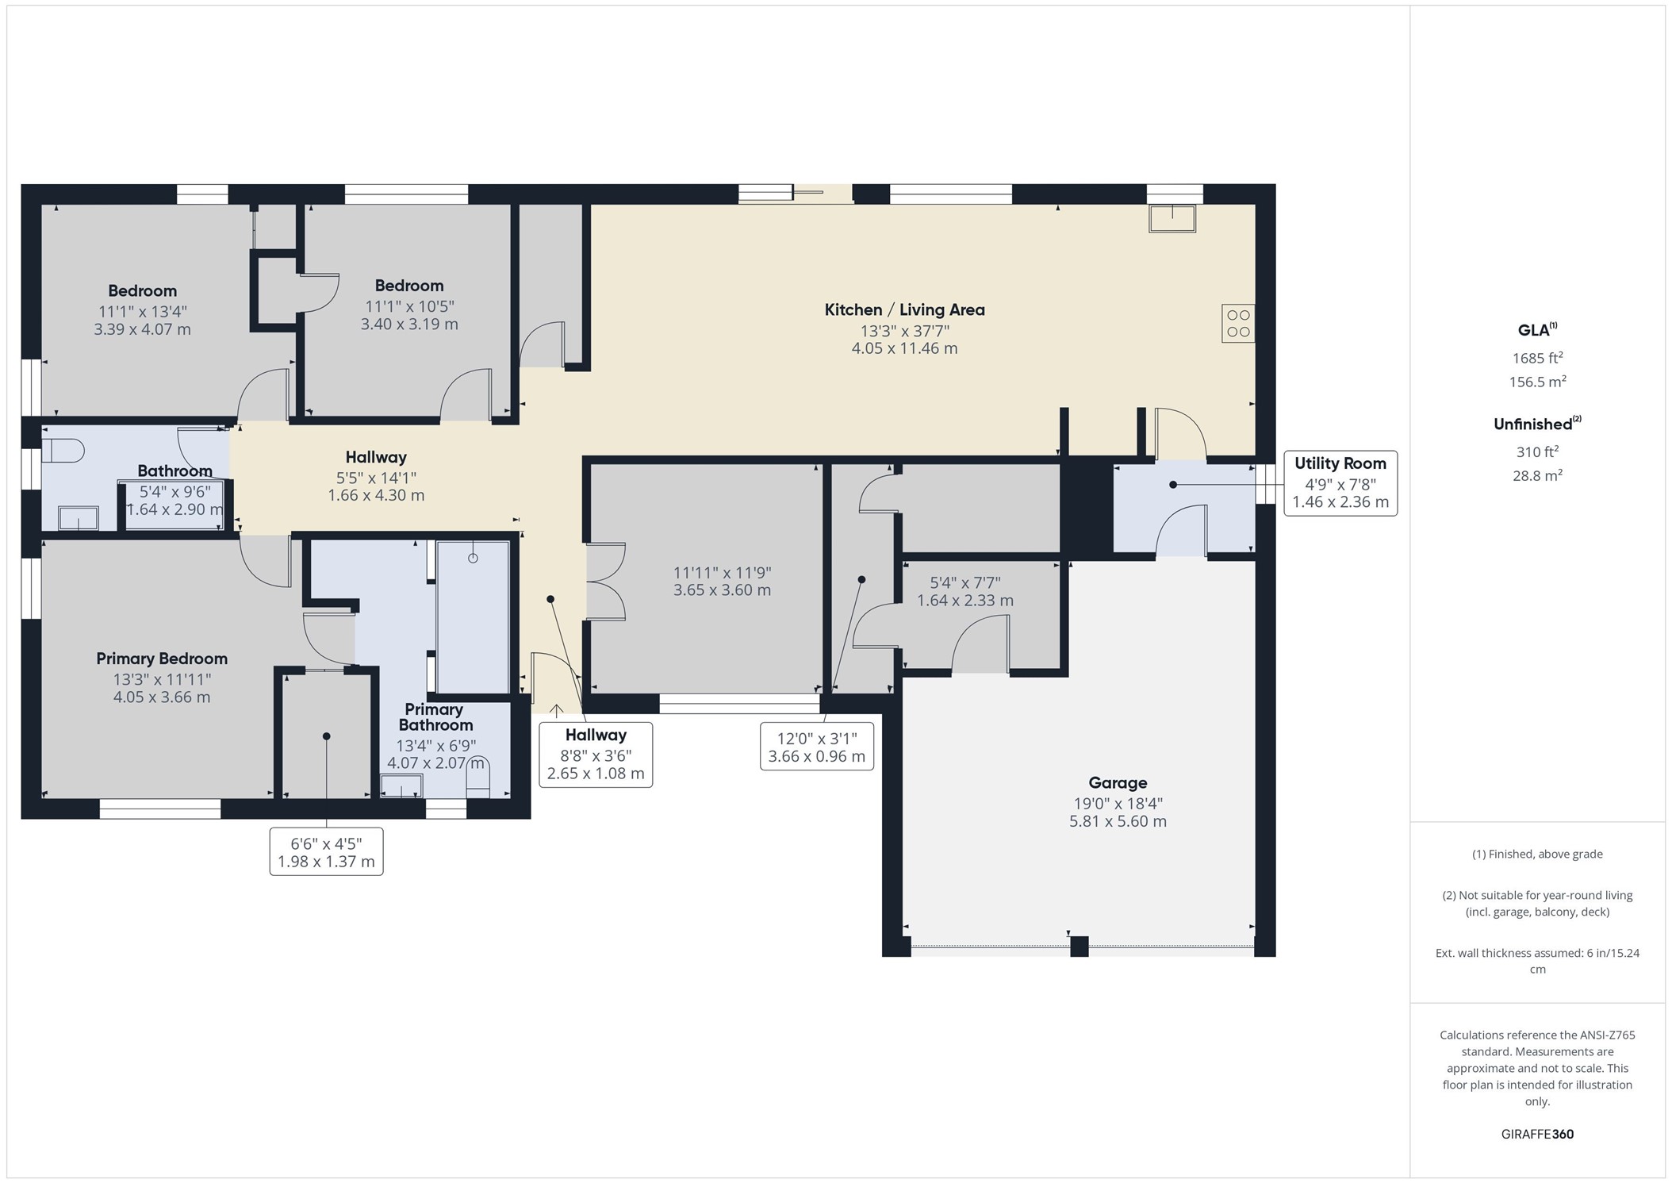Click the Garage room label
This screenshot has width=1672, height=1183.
1118,783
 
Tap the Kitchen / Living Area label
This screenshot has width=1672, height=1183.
904,310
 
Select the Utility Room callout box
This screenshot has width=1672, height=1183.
1340,483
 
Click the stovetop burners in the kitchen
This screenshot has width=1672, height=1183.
1238,324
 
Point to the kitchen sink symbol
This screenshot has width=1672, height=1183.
1172,218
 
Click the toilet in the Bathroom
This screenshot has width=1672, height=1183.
63,451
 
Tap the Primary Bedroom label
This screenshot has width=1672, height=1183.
162,659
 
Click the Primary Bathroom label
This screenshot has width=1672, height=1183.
435,717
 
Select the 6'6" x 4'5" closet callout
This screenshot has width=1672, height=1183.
326,852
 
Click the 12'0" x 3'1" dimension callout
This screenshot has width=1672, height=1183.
817,747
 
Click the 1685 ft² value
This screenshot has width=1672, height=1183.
1537,358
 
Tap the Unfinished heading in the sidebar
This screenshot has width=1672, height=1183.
1537,424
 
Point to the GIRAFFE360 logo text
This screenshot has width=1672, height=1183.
1537,1134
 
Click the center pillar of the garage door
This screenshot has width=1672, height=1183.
1079,947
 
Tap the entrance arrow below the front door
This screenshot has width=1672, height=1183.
557,710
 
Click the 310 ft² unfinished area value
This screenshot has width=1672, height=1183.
1537,451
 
